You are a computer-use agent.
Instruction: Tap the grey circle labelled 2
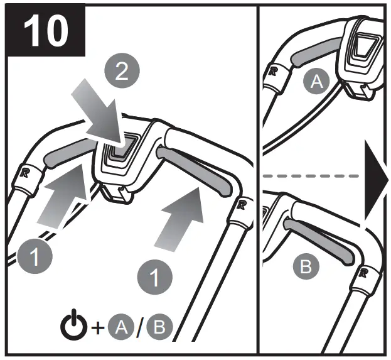[x=122, y=71]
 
